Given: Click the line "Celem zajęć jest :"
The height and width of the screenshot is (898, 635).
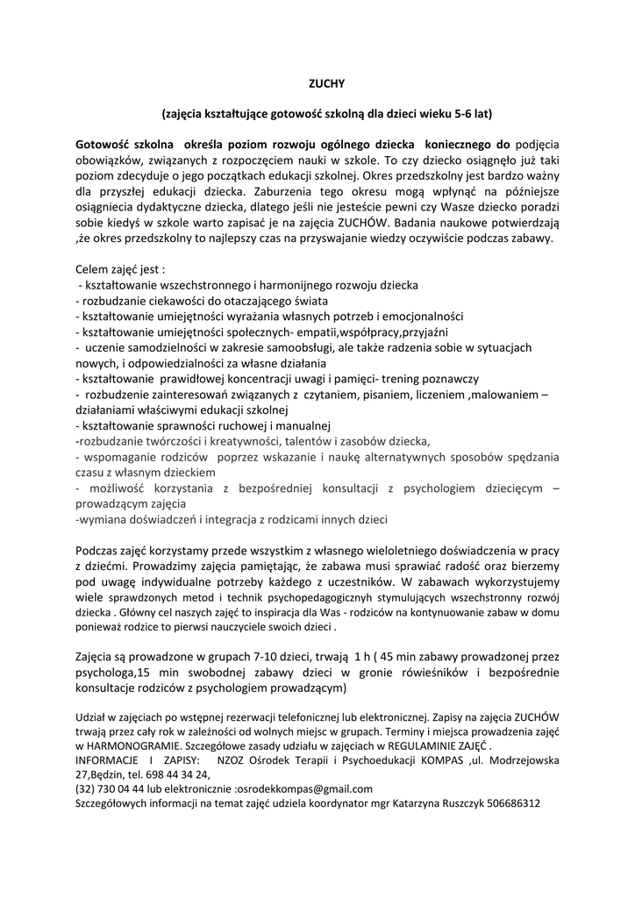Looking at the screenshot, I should [x=120, y=269].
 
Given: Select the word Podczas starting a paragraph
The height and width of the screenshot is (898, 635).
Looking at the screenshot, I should [x=99, y=551].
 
